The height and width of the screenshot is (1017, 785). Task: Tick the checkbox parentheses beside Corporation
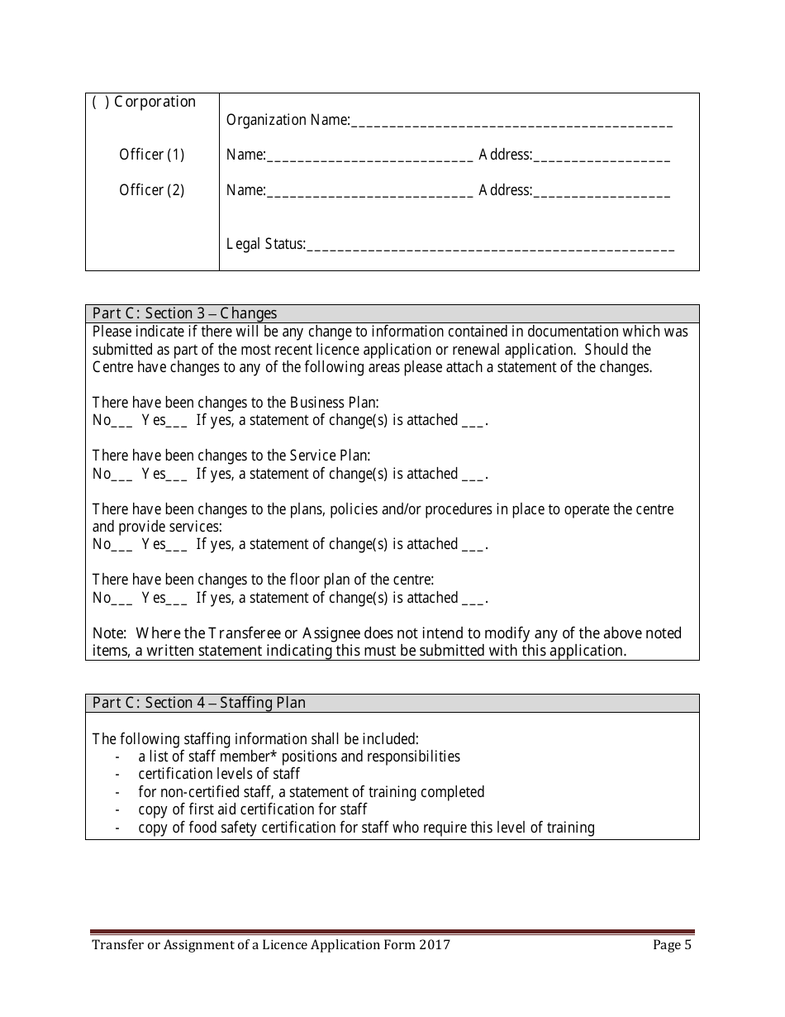[100, 103]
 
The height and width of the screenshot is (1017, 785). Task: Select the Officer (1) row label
[151, 155]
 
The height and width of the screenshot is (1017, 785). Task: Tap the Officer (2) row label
[151, 190]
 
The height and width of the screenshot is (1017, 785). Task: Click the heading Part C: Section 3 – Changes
[184, 313]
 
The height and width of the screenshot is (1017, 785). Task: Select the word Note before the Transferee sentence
[108, 633]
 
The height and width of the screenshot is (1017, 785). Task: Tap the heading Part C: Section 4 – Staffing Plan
[198, 703]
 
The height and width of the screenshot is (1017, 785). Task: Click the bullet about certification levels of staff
[219, 774]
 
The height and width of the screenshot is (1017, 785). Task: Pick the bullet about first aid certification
[252, 809]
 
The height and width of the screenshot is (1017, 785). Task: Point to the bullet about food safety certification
[366, 828]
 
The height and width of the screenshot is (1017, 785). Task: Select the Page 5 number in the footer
[671, 946]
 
